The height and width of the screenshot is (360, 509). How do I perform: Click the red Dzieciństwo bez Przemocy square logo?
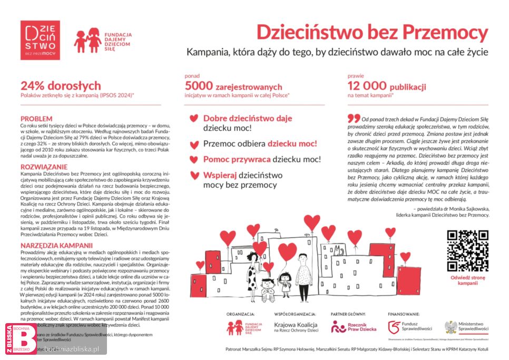coord(40,40)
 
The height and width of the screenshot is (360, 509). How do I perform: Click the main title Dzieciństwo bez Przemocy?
coord(373,32)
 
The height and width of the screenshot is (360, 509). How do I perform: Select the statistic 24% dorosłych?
coord(61,85)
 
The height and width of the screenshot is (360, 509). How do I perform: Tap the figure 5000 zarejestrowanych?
coord(233,86)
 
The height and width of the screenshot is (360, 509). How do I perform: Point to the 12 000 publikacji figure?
coord(387,86)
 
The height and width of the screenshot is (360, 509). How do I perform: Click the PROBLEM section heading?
coord(36,119)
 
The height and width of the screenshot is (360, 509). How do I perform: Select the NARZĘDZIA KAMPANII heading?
coord(56,245)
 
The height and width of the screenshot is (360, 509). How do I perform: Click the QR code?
coord(467,250)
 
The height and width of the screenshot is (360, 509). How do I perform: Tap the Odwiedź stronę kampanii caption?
coord(467,280)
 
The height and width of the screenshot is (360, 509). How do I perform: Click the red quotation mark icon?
coord(354,118)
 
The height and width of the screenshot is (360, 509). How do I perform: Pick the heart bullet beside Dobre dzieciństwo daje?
coord(194,118)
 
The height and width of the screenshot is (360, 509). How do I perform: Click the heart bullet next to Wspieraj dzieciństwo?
coord(194,175)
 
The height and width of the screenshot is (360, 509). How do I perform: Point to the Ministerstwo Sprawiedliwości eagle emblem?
coord(451,327)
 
